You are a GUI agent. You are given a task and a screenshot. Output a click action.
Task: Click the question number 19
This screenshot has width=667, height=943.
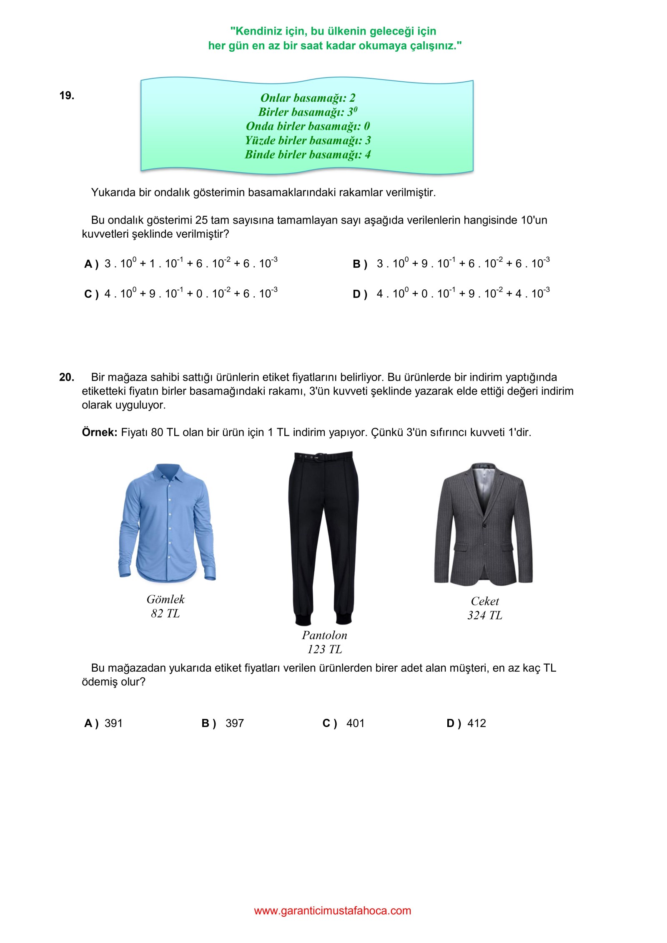click(x=67, y=95)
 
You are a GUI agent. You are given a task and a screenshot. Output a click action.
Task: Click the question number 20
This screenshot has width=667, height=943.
click(x=67, y=377)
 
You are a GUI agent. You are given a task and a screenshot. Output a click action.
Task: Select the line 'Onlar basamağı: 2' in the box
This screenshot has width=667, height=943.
click(x=308, y=98)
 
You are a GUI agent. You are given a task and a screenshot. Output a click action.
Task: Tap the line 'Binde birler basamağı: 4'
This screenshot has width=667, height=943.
click(x=308, y=155)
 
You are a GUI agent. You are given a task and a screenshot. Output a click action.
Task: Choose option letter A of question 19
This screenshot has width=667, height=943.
click(x=90, y=264)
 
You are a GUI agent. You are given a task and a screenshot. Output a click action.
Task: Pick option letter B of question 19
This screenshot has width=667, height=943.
click(x=359, y=264)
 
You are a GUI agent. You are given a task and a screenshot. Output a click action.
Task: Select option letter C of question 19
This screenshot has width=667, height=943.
click(x=90, y=294)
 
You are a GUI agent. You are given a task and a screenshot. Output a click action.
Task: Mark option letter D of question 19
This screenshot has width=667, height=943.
click(x=359, y=294)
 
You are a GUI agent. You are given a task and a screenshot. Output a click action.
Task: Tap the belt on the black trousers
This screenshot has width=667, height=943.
click(x=323, y=457)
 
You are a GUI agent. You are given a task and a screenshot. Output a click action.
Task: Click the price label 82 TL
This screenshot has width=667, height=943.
click(x=165, y=614)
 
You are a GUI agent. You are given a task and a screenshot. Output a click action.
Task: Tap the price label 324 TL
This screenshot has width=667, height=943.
click(x=485, y=615)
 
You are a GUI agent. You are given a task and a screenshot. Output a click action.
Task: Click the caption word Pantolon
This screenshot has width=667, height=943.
click(x=324, y=635)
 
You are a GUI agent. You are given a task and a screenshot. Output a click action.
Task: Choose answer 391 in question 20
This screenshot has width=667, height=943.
click(x=113, y=723)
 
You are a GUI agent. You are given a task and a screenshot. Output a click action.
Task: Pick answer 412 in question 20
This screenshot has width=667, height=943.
click(x=476, y=723)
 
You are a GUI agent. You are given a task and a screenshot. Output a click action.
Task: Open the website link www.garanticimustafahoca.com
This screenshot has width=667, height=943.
click(x=333, y=910)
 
